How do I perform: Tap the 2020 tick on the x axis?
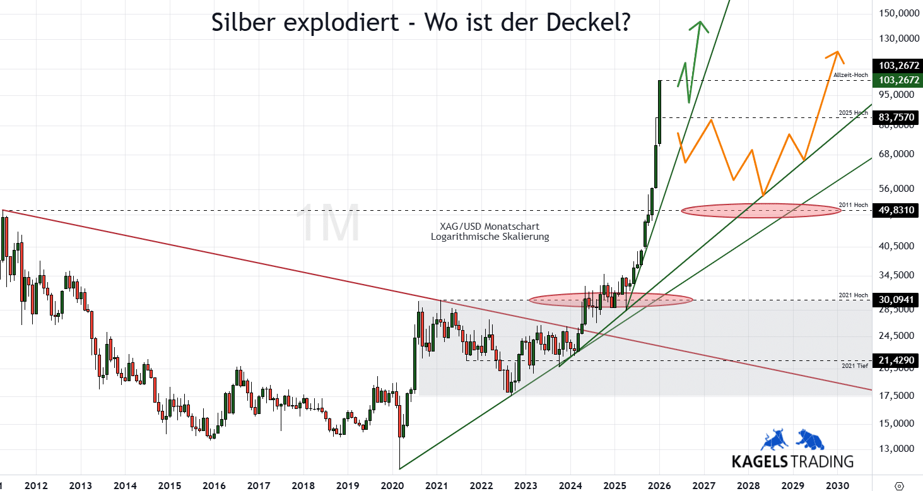[392, 485]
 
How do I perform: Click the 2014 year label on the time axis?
[124, 485]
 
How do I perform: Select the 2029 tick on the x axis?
[792, 485]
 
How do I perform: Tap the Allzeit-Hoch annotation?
[851, 75]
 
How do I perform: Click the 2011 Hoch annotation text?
[854, 204]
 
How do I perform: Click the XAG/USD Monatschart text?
[490, 226]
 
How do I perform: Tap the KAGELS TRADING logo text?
[792, 461]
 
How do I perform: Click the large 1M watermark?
[327, 223]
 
